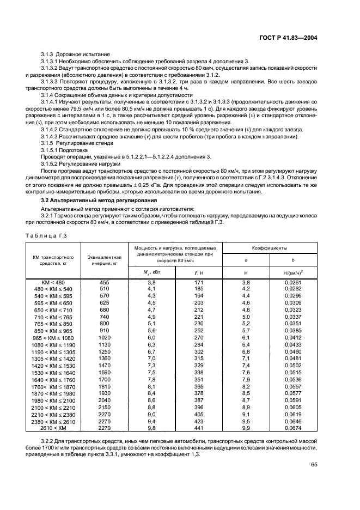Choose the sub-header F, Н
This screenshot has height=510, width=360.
point(198,272)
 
